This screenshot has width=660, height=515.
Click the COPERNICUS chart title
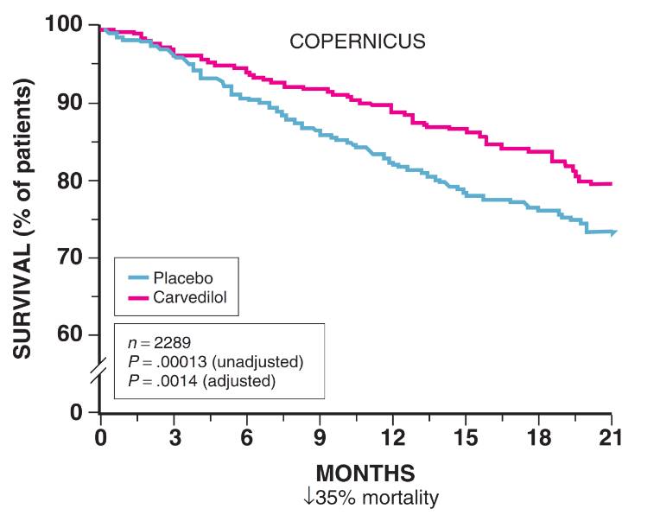tap(357, 41)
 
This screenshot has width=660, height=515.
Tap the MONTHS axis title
tap(365, 474)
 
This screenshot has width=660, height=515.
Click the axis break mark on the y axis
tap(99, 373)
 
